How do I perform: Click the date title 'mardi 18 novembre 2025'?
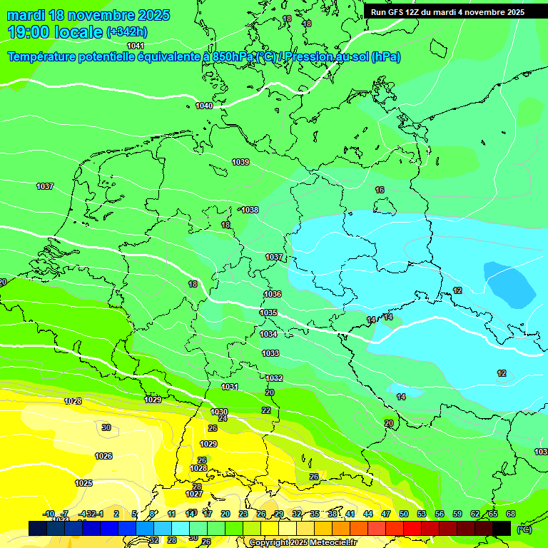88,15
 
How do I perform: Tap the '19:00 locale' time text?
55,32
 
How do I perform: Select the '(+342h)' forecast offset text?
126,32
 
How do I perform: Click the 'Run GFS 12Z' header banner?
447,12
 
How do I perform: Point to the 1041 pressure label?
136,46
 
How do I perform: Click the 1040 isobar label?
204,106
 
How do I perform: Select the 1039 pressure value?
240,163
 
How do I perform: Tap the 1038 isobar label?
250,210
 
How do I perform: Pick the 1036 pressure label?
273,294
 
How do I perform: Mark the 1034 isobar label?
268,334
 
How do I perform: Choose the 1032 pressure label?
274,378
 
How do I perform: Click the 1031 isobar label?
230,387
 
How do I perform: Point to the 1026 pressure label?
103,456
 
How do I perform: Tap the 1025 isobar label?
83,483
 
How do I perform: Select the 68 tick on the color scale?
510,514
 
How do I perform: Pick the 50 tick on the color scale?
404,514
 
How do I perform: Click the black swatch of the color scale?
502,528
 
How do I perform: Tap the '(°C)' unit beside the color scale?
524,529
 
